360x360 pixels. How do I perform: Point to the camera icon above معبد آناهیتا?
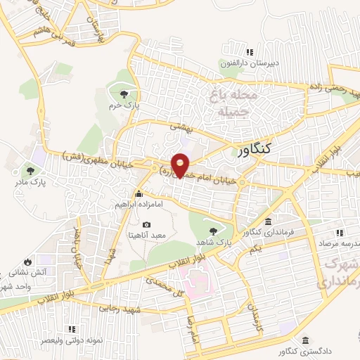[146, 224]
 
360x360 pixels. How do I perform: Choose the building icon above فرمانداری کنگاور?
[268, 221]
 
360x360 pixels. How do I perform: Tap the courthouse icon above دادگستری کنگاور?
[307, 339]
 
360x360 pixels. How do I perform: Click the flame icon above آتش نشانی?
[27, 259]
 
